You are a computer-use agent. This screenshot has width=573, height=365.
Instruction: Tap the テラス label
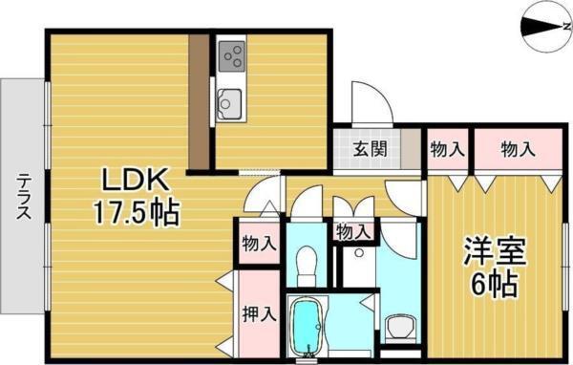[x=21, y=197]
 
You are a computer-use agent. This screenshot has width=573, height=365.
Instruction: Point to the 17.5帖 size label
[x=136, y=212]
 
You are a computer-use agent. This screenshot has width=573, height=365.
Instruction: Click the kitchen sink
[x=230, y=98]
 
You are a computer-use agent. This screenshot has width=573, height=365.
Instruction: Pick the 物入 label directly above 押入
[x=258, y=243]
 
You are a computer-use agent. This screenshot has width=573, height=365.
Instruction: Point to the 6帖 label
[x=493, y=284]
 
